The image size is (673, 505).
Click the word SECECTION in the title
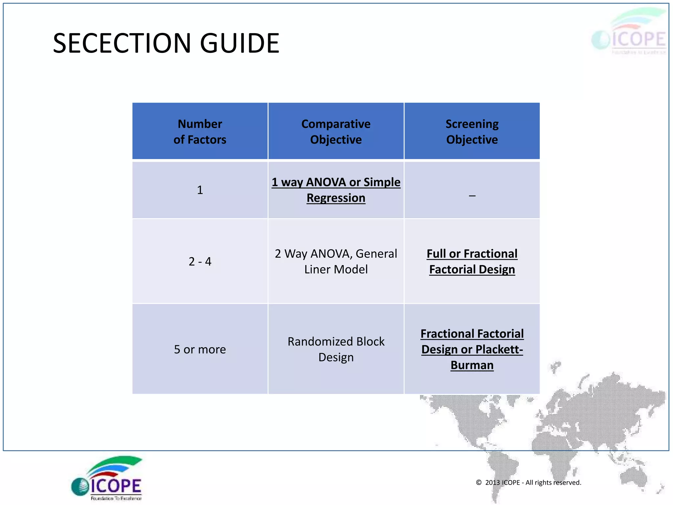coord(122,43)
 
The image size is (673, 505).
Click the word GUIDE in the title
coord(240,43)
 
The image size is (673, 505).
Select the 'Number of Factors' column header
coord(200,132)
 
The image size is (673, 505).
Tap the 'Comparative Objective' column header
coord(336,132)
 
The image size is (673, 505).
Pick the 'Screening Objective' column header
coord(472,132)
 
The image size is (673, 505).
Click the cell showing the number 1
coord(200,190)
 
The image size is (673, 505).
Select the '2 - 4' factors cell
coord(200,261)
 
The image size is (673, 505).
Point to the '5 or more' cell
coord(200,349)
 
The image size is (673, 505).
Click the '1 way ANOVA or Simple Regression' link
coord(336,190)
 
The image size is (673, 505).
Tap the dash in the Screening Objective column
coord(472,196)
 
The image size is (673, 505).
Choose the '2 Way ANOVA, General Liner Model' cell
coord(336,261)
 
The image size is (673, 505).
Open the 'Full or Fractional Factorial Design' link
coord(472,261)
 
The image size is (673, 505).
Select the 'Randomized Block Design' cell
coord(336,349)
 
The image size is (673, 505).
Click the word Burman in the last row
coord(472,365)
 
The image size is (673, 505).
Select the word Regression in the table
coord(336,198)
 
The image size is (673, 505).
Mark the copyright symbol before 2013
coord(479,482)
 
